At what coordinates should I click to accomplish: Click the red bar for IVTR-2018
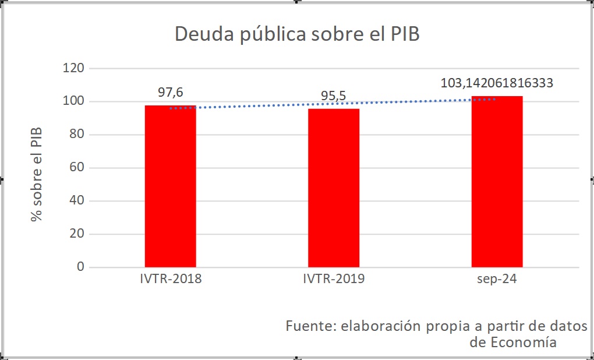point(170,186)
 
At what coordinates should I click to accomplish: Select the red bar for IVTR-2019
point(334,188)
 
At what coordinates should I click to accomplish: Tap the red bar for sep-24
point(497,182)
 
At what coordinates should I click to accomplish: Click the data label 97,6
point(170,92)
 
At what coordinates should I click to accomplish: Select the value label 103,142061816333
point(497,83)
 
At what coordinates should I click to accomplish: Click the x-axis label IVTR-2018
point(170,278)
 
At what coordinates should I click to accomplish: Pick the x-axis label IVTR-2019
point(334,278)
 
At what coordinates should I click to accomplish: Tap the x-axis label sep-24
point(497,278)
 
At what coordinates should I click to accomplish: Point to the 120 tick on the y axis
point(73,68)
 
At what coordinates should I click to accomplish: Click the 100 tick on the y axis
point(73,101)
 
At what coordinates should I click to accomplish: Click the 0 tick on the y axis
point(80,267)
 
